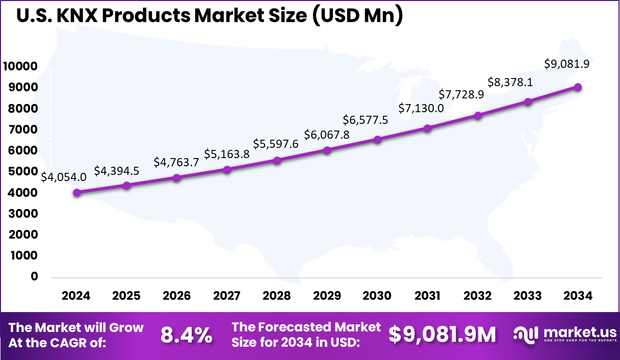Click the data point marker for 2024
click(76, 193)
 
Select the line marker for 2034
click(578, 87)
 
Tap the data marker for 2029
click(327, 150)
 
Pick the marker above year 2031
click(427, 128)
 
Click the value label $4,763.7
click(176, 163)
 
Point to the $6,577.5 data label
click(365, 120)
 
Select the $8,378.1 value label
click(510, 82)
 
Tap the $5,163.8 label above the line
click(227, 153)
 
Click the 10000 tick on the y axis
click(20, 66)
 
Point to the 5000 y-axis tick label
click(23, 171)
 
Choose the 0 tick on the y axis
click(35, 276)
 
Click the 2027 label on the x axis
click(227, 296)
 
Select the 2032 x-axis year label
click(478, 296)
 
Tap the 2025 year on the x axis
click(126, 296)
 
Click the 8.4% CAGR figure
click(186, 335)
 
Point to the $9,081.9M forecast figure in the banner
click(442, 335)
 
